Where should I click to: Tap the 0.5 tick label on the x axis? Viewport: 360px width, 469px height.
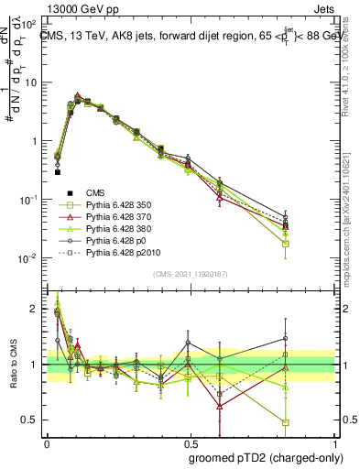(x=189, y=442)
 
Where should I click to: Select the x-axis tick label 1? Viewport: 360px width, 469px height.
(x=332, y=442)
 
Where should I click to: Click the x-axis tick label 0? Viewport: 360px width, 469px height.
(x=47, y=442)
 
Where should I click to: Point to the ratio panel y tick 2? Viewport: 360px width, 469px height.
(x=35, y=310)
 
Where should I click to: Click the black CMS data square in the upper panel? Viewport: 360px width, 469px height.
(x=57, y=171)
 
